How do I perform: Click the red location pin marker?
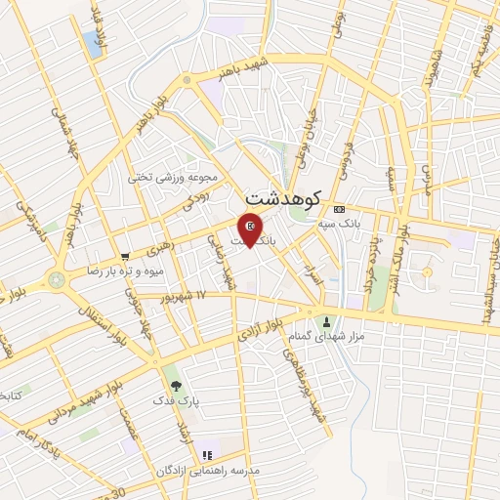click(251, 229)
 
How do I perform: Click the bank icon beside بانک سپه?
click(339, 210)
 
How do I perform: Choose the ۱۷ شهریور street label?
click(188, 294)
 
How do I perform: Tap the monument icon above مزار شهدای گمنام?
click(326, 321)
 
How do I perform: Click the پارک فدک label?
click(175, 400)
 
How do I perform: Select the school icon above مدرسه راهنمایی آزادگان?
click(206, 455)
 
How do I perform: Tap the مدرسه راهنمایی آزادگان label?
click(207, 471)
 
